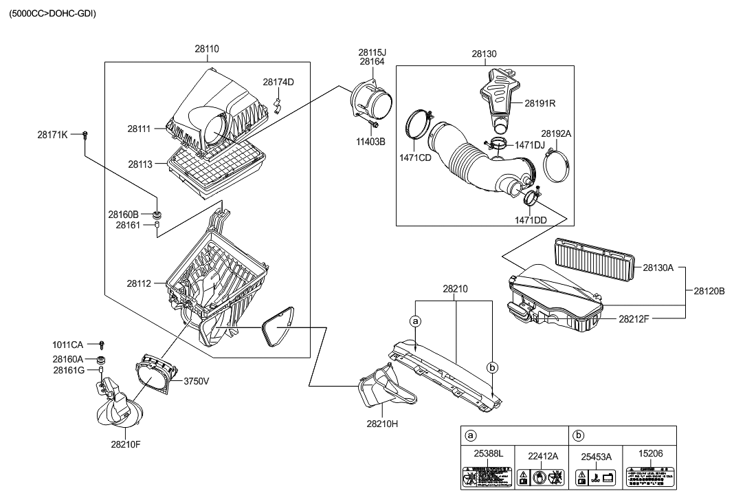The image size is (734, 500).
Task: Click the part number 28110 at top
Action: pyautogui.click(x=207, y=50)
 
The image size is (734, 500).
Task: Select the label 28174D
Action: pyautogui.click(x=278, y=82)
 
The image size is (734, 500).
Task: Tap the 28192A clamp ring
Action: pyautogui.click(x=556, y=164)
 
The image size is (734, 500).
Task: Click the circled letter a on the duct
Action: pyautogui.click(x=414, y=320)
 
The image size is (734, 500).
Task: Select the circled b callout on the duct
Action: pyautogui.click(x=492, y=367)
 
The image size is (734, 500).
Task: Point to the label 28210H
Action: pyautogui.click(x=383, y=424)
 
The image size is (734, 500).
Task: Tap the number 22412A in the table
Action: pyautogui.click(x=543, y=455)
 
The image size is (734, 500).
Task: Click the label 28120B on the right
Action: pyautogui.click(x=709, y=291)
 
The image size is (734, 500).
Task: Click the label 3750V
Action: pyautogui.click(x=195, y=381)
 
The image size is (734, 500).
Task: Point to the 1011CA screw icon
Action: pyautogui.click(x=102, y=344)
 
